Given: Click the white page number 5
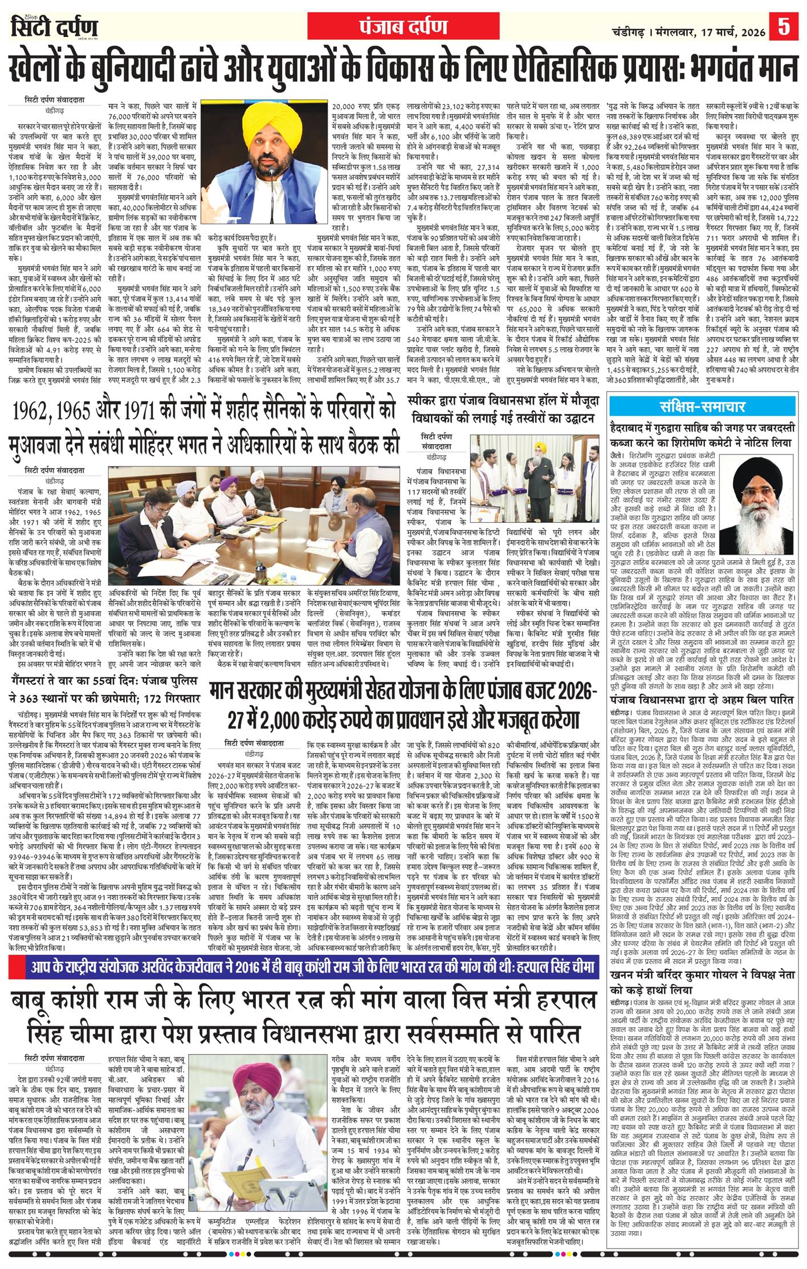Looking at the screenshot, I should coord(784,27).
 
